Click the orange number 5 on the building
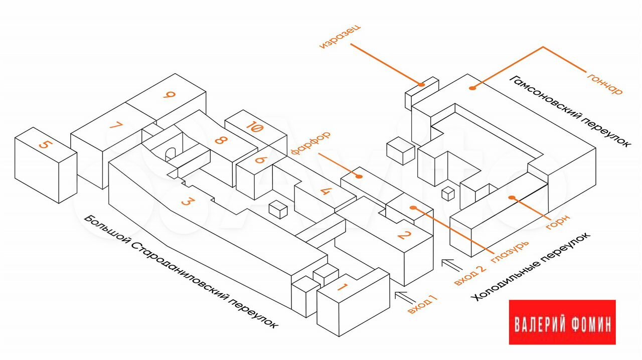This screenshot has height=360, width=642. tap(46, 145)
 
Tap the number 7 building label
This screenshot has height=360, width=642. tap(116, 126)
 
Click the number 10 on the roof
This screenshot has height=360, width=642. tap(255, 127)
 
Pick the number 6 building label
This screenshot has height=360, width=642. tap(260, 159)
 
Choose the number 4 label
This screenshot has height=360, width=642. tap(326, 191)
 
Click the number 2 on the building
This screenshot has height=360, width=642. tap(404, 234)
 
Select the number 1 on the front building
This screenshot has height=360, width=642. tap(343, 287)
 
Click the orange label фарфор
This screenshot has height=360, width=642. tap(310, 143)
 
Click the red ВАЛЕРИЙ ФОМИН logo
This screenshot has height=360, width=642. tap(562, 322)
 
